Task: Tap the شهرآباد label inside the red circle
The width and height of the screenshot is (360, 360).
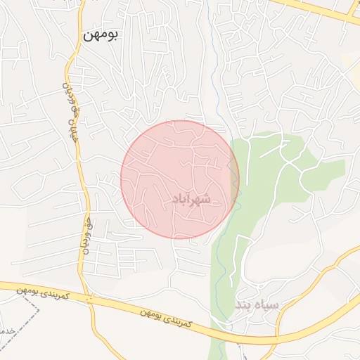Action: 191,200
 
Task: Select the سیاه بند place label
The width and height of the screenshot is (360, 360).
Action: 257,305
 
